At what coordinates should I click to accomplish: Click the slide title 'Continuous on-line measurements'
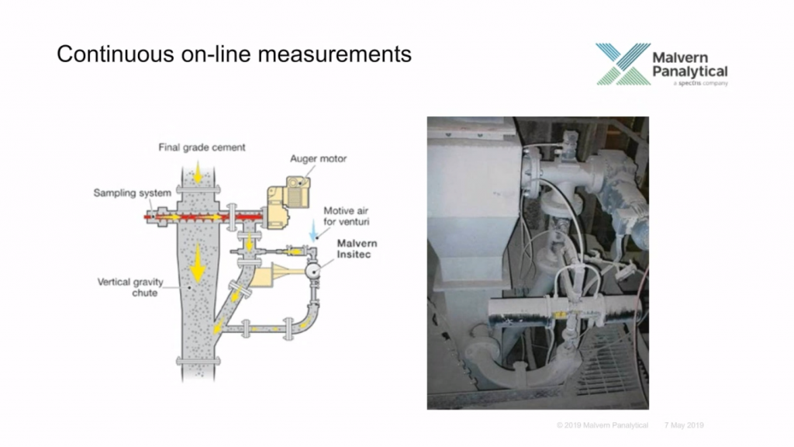(x=234, y=54)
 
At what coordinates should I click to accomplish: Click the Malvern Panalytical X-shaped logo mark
(x=623, y=64)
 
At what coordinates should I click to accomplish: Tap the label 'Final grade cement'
(x=202, y=147)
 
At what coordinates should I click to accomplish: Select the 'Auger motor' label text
(x=318, y=158)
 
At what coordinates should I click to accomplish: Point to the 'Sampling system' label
(x=132, y=193)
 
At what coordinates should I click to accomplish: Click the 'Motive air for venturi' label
(x=347, y=216)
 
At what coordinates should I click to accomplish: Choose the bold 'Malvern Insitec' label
(x=357, y=249)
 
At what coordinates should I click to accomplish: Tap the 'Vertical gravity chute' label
(x=130, y=287)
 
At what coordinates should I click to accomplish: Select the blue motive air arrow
(x=314, y=230)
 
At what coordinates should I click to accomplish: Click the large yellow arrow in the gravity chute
(x=198, y=263)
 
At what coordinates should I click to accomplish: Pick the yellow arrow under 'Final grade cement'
(x=198, y=173)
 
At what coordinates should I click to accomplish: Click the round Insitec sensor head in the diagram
(x=313, y=271)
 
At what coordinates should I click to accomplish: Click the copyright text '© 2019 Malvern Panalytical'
(x=602, y=425)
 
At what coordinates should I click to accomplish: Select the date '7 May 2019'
(x=684, y=425)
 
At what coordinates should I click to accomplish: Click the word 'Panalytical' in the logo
(x=689, y=71)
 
